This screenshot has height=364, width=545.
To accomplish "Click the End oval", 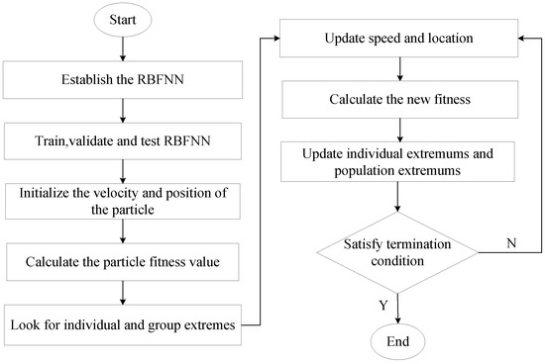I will (397, 343).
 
